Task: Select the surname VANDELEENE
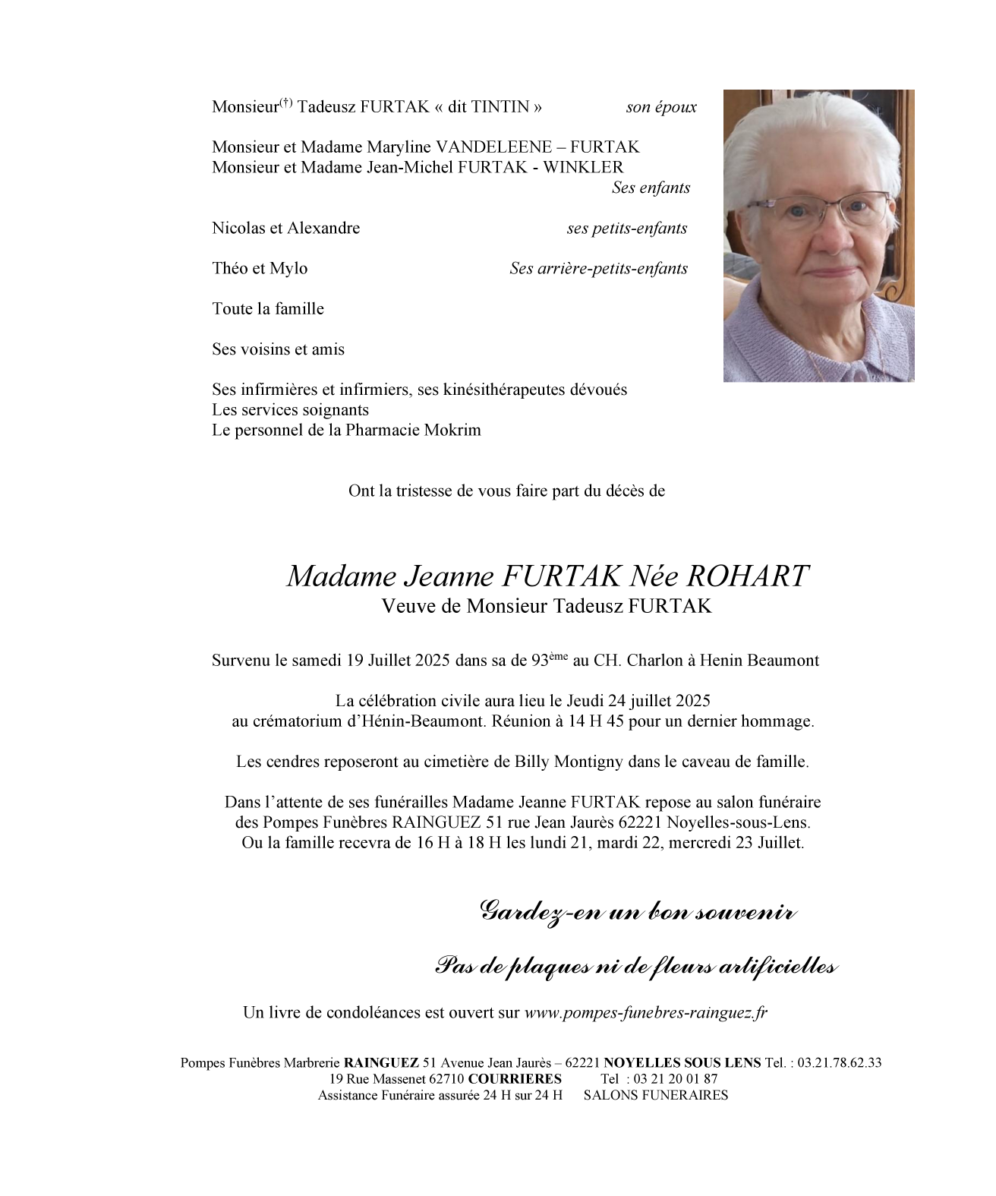[500, 147]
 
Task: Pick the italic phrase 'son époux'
[660, 107]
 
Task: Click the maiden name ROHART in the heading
[747, 577]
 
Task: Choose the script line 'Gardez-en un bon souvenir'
[638, 912]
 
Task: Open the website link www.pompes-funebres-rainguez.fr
[645, 1013]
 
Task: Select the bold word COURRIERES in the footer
[515, 1079]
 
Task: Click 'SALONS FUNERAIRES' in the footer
[655, 1096]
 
